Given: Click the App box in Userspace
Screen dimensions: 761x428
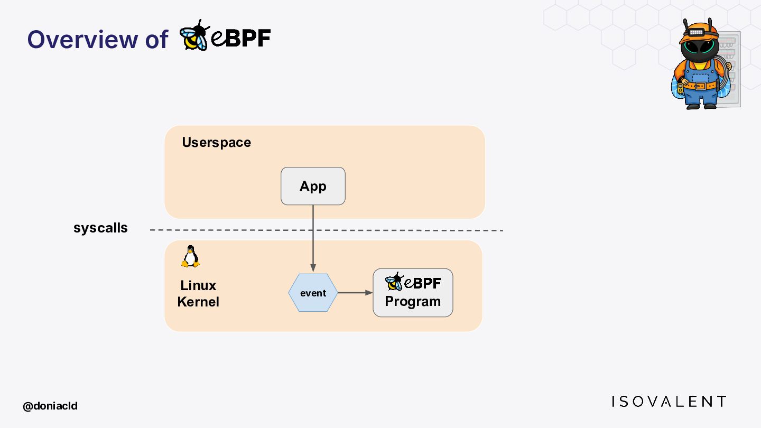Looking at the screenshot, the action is tap(313, 186).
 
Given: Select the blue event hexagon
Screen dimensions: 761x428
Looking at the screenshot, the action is tap(313, 293).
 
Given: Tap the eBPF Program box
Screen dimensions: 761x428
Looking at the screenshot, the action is tap(413, 293).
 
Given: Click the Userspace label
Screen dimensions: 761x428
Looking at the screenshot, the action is tap(217, 142).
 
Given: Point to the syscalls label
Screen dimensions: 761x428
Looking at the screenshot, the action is tap(100, 228).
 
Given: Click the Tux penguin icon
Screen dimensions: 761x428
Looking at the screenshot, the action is tap(190, 256).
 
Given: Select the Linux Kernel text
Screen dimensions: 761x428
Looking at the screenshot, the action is tap(198, 293).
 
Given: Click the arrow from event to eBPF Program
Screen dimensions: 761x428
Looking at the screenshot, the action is tap(355, 293).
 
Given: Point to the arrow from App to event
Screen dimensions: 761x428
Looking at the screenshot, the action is tap(313, 238).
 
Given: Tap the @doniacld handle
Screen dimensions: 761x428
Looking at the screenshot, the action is tap(50, 406).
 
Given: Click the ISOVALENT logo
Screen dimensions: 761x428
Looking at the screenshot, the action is tap(669, 402).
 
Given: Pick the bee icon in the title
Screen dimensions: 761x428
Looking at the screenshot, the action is tap(194, 35).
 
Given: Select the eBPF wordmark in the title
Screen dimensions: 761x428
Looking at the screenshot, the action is tap(241, 38).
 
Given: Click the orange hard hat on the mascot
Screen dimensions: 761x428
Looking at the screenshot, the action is tap(699, 33).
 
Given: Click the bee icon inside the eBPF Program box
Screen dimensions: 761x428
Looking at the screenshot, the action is tap(394, 282).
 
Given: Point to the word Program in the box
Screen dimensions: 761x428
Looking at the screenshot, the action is tap(413, 302).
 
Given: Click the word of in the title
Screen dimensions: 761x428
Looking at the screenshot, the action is tap(156, 40).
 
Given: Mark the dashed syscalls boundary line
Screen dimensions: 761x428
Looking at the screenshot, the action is tap(327, 230).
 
